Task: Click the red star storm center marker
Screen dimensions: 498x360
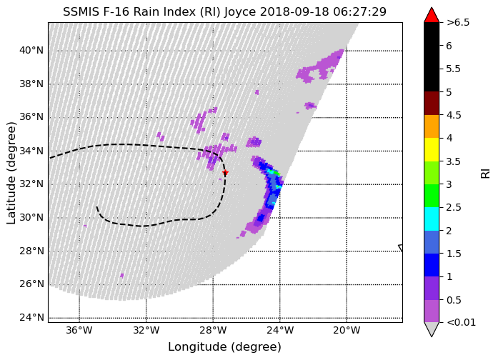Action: (225, 172)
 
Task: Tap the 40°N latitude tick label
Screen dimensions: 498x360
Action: (31, 51)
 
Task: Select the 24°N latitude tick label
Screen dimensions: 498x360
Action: (31, 317)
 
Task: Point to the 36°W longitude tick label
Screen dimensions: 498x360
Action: (79, 331)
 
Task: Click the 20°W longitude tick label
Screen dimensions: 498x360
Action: (347, 331)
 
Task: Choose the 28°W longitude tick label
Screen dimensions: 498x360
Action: (213, 331)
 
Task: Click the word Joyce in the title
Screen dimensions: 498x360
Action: (240, 12)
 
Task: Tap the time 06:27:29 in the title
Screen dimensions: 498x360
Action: (360, 12)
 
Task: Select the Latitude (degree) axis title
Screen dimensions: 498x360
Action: (11, 173)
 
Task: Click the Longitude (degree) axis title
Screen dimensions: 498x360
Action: (224, 347)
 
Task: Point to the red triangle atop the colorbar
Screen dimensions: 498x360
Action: (432, 16)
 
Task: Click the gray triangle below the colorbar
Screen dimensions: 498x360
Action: (432, 329)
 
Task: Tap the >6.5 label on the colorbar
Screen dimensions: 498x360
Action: (458, 23)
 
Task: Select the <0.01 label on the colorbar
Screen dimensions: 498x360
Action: (461, 323)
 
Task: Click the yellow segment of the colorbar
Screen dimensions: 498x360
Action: (432, 149)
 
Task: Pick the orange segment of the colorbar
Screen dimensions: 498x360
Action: (432, 126)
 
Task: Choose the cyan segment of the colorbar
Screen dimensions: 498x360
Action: (432, 219)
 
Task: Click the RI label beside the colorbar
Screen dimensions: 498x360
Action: (486, 174)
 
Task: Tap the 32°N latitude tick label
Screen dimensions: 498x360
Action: (31, 184)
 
